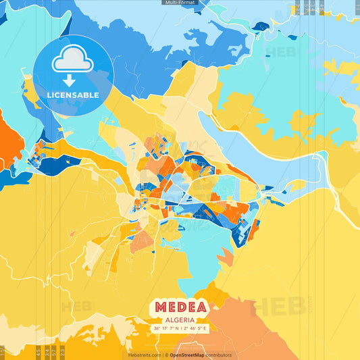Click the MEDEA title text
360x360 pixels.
coord(180,307)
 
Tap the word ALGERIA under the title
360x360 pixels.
coord(180,319)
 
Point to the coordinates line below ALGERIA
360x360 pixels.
coord(180,329)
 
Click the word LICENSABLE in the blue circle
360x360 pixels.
coord(73,95)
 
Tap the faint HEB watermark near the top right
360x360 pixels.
coord(280,51)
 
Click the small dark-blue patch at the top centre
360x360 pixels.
coord(260,26)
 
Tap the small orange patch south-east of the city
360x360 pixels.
coord(226,257)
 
